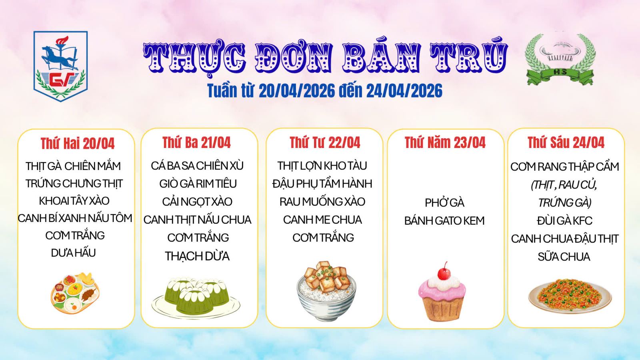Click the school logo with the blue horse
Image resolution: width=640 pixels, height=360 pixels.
60,66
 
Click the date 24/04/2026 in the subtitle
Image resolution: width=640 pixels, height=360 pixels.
404,91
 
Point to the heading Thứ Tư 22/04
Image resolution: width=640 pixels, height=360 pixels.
325,142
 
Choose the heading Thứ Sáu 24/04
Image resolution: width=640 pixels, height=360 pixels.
566,142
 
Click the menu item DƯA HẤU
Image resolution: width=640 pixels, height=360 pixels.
74,253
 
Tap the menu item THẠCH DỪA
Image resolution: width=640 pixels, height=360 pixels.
197,256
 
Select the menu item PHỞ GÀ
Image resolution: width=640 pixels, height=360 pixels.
444,203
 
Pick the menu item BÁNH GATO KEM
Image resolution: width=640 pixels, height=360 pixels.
444,220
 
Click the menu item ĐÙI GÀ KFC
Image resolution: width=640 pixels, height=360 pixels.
564,220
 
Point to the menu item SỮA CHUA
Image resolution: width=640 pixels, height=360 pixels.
564,256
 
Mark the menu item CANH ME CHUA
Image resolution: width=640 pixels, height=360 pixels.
322,220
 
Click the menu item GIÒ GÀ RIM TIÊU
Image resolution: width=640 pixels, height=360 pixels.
198,184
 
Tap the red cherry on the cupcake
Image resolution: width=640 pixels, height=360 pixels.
444,272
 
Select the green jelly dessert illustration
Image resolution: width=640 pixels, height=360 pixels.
196,297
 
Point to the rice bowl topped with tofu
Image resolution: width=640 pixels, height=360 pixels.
326,290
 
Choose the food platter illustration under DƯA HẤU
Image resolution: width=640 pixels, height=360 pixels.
75,293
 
